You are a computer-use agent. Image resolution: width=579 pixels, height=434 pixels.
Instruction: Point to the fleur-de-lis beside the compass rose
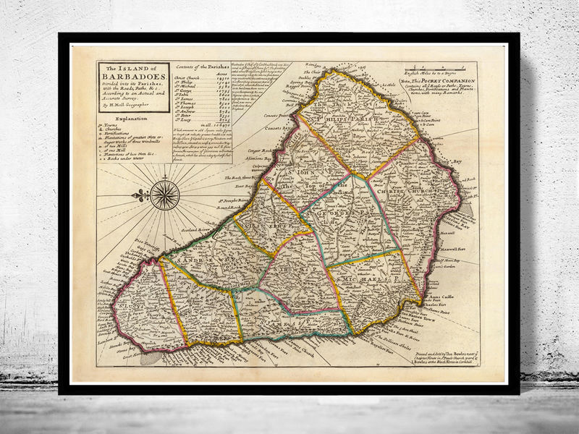coord(140,195)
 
